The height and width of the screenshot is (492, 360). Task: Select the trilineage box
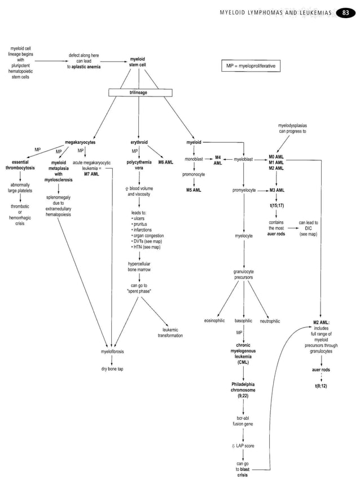pyautogui.click(x=137, y=92)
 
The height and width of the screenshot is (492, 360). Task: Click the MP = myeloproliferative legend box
pyautogui.click(x=251, y=66)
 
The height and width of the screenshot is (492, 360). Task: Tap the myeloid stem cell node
pyautogui.click(x=137, y=61)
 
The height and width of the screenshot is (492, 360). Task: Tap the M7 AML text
pyautogui.click(x=91, y=174)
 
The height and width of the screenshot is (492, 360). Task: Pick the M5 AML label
pyautogui.click(x=194, y=190)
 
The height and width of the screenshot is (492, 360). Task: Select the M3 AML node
pyautogui.click(x=276, y=190)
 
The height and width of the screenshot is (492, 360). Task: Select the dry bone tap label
pyautogui.click(x=112, y=369)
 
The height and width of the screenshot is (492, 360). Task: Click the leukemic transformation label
pyautogui.click(x=170, y=332)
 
